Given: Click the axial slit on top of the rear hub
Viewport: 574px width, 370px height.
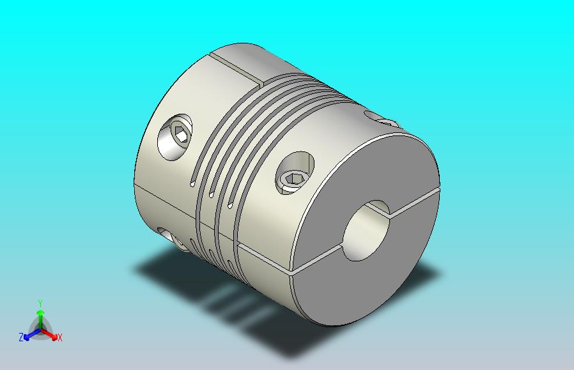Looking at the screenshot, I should pos(237,68).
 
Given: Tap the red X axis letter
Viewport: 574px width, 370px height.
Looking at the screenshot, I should pos(59,337).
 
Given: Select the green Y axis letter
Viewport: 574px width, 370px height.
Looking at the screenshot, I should pos(40,303).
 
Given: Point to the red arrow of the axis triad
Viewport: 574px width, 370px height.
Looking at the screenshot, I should pos(51,332).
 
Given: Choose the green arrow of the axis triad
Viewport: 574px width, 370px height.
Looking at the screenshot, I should pos(40,314).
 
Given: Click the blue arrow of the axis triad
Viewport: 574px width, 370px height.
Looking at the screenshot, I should pos(29,332).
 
